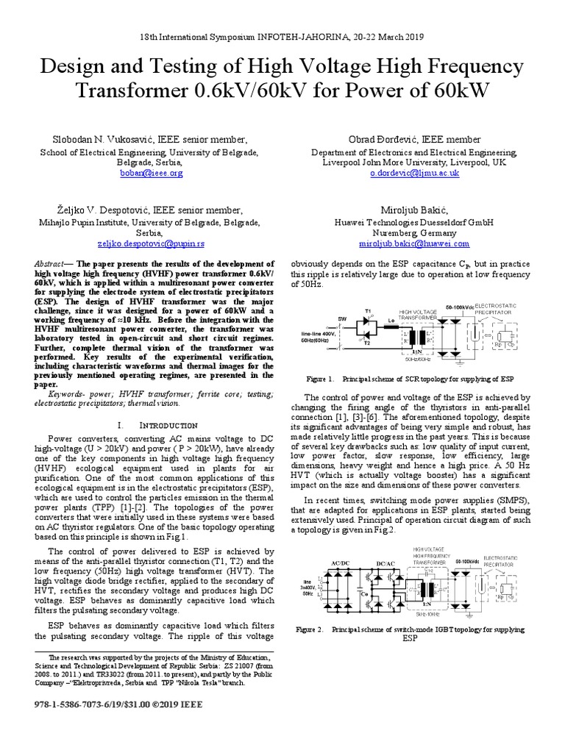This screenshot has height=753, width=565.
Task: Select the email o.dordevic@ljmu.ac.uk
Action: [414, 173]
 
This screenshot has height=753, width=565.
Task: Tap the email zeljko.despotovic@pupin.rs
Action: [150, 243]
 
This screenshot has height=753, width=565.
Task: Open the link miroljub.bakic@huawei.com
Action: [414, 243]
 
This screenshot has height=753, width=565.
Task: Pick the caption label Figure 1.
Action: [321, 379]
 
